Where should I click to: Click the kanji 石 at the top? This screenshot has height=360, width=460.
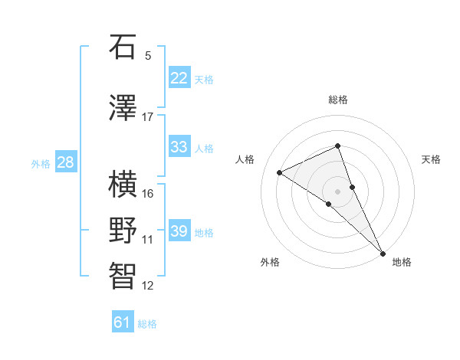click(x=123, y=47)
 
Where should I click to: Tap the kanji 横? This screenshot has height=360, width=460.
click(x=123, y=184)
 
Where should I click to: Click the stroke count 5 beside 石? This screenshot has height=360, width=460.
click(x=148, y=56)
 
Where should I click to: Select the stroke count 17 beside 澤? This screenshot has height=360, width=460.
click(x=148, y=117)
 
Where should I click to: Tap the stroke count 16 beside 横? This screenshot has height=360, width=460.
click(x=148, y=193)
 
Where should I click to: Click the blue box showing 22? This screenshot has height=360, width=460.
click(x=179, y=78)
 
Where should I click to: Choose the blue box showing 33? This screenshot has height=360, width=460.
click(x=179, y=147)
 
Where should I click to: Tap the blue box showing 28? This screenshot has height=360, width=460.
click(x=65, y=162)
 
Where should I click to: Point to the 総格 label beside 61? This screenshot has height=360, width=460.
click(x=147, y=324)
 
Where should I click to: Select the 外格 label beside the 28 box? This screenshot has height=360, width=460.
click(x=41, y=163)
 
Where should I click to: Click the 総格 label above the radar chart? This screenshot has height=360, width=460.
click(x=337, y=100)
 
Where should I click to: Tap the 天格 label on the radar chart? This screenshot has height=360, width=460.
click(x=431, y=159)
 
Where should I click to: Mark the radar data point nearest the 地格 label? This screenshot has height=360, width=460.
click(x=382, y=252)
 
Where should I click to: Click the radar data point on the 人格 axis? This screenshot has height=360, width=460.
click(x=280, y=172)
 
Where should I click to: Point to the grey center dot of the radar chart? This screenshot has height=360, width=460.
click(x=337, y=191)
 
